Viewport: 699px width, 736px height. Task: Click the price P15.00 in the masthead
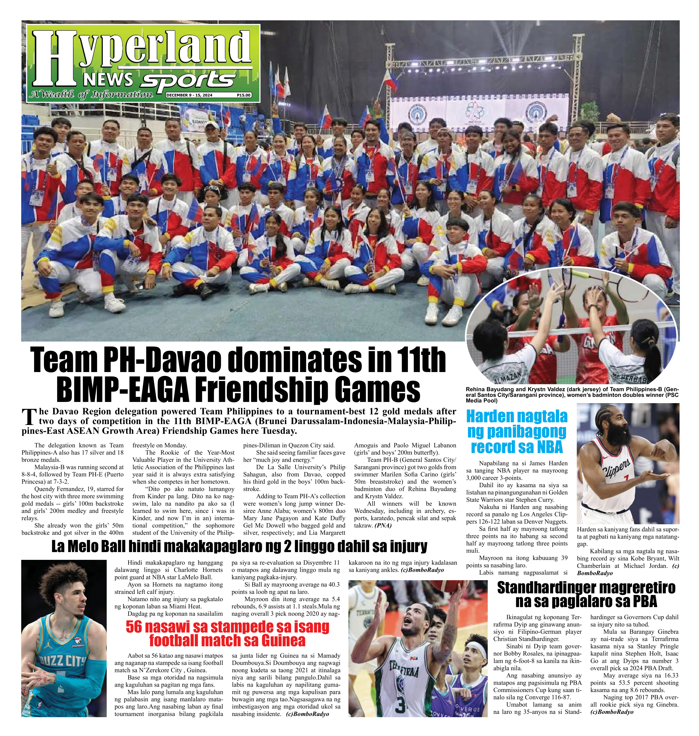(x=243, y=95)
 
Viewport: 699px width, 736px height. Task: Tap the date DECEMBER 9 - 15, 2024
(x=189, y=95)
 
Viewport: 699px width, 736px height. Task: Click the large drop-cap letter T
(x=29, y=418)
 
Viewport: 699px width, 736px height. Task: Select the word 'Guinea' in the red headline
(x=283, y=641)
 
